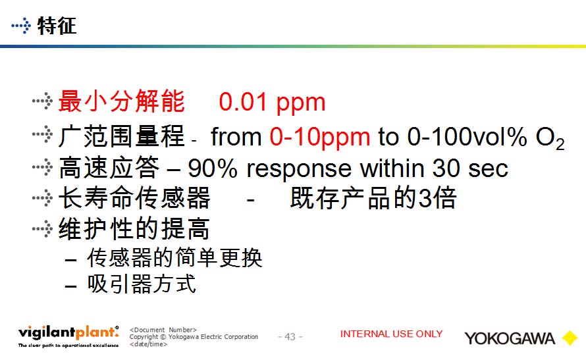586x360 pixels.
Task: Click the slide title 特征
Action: click(x=57, y=26)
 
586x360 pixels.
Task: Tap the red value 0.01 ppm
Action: click(x=272, y=102)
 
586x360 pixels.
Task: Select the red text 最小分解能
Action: click(x=121, y=101)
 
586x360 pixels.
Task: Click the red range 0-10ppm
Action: click(x=320, y=137)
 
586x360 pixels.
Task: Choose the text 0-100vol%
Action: click(x=467, y=136)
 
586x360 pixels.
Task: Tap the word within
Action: click(x=392, y=168)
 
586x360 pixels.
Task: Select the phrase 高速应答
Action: click(x=109, y=167)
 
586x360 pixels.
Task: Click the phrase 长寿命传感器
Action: click(x=134, y=197)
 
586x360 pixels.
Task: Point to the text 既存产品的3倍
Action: click(x=373, y=197)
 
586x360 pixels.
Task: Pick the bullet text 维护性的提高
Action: click(x=134, y=228)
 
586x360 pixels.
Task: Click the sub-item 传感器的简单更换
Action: click(x=174, y=257)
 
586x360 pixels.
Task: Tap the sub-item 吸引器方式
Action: click(x=142, y=284)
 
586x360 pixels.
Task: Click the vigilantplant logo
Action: click(x=68, y=336)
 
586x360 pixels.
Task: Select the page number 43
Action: click(x=290, y=337)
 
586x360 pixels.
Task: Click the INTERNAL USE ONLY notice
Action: click(x=391, y=334)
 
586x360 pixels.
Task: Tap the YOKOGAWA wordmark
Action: click(x=510, y=338)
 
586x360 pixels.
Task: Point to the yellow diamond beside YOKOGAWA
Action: click(x=570, y=338)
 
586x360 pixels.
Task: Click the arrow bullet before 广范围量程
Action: click(x=42, y=134)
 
